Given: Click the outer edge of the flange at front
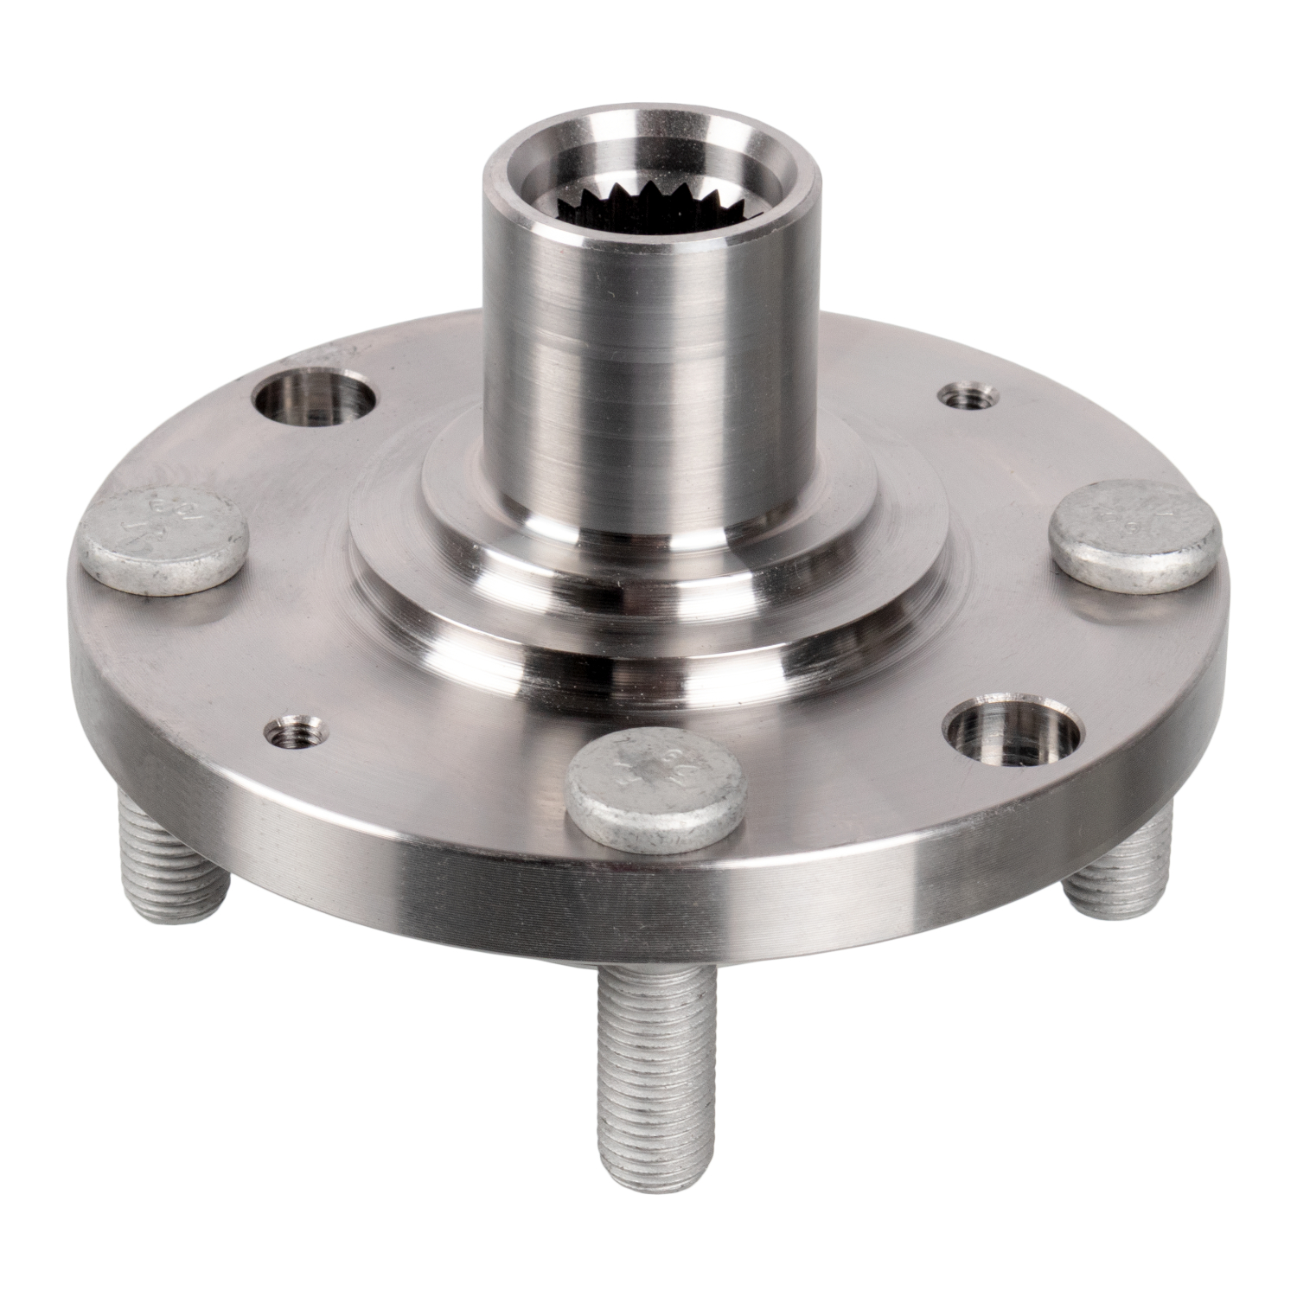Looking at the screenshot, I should point(657,891).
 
